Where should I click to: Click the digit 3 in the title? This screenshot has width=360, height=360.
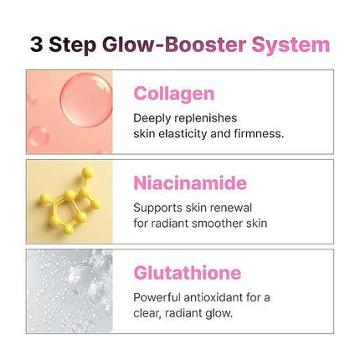[x=38, y=44]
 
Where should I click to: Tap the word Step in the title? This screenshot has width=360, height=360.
[x=75, y=45]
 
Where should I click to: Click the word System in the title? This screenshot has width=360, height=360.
[x=291, y=44]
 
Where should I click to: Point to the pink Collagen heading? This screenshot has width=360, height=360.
[x=173, y=93]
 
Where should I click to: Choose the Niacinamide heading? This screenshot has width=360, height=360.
[x=190, y=183]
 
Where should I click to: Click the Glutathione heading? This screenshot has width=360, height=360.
[x=187, y=273]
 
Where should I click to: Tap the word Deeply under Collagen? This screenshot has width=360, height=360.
[x=153, y=118]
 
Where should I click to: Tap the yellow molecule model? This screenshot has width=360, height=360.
[x=69, y=200]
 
